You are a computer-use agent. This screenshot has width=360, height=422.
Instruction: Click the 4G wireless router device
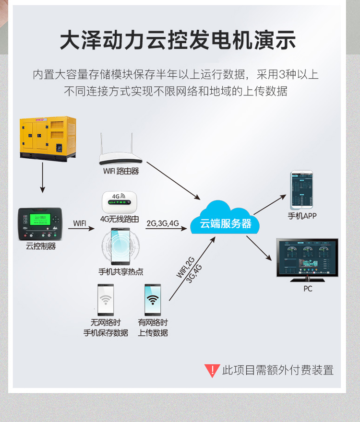[x=119, y=203]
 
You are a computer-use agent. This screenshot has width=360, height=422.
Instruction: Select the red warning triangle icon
[x=212, y=370]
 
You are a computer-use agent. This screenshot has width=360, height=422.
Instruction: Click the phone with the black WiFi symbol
[x=152, y=300]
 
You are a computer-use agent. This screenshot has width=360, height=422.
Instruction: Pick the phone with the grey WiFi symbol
[x=106, y=300]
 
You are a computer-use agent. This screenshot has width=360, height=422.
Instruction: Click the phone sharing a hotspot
[x=120, y=246]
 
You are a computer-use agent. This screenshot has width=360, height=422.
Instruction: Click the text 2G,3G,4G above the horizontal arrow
[x=162, y=223]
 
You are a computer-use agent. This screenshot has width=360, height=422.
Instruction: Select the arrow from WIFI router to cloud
[x=172, y=181]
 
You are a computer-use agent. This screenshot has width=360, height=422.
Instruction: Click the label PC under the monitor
[x=308, y=289]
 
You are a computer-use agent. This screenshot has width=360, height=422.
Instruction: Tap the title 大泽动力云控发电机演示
[x=178, y=41]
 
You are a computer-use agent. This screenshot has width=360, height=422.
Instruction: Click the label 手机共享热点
[x=121, y=272]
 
